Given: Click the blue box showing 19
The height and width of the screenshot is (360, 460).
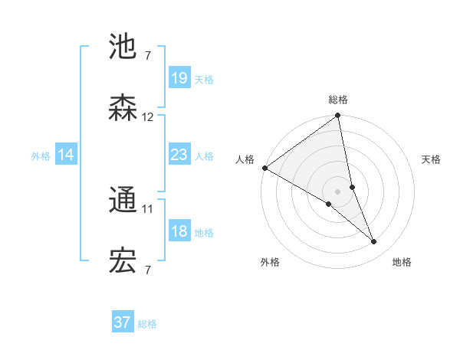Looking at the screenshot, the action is coord(179,78).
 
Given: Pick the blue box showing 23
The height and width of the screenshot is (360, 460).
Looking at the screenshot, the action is coord(179,155).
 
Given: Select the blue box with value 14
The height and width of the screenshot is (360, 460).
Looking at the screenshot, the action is coord(66,155).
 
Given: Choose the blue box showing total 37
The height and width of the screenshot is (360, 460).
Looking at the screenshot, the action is coord(122,322).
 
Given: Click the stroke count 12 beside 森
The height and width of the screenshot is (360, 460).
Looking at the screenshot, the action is coord(148,117).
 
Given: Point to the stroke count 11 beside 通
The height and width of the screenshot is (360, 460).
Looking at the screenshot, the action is coord(148,208).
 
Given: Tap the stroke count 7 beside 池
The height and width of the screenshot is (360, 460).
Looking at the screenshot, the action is coord(148,55).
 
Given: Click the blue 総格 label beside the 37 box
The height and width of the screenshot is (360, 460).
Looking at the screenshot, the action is coord(147,324).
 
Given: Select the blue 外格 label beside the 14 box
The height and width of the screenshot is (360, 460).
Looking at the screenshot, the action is coord(41,156).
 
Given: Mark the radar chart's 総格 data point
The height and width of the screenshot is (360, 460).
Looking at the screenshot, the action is coord(337,116).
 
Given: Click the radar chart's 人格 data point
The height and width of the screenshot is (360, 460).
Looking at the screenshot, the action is coord(264,168).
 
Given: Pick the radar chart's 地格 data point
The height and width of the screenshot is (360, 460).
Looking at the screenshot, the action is coord(374,241).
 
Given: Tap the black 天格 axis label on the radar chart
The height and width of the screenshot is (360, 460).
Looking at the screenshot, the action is coord(432,159).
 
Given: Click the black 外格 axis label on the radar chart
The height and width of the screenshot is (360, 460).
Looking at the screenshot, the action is coord(270,262).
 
